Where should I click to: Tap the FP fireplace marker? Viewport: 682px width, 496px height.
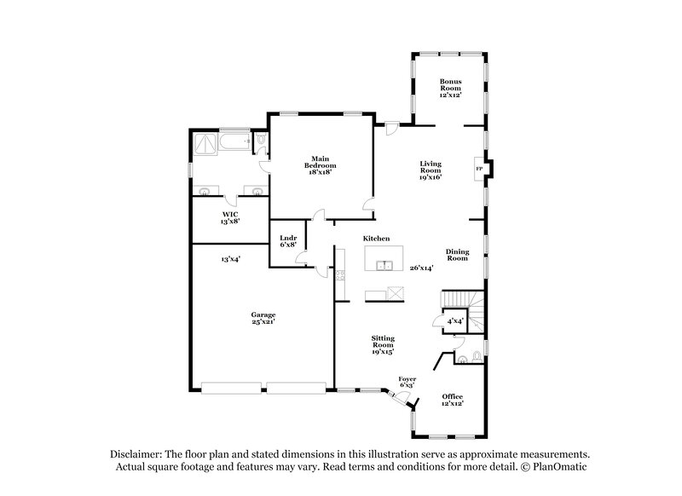point(479,169)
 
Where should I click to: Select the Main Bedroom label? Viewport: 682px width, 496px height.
point(320,164)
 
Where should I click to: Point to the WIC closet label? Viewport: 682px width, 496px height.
point(230,217)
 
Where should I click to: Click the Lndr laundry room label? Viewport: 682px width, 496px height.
point(287,240)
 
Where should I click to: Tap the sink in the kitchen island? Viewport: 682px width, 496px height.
point(384,265)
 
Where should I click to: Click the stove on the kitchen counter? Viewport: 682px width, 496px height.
point(339,274)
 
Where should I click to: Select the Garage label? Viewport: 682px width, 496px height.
point(263,318)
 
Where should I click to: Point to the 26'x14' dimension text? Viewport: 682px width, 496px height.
point(422,268)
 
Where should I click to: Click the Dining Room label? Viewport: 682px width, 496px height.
point(458,254)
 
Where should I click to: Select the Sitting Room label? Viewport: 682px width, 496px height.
point(382,344)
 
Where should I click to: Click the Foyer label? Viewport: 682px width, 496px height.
point(407,381)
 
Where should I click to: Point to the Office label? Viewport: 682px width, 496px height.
point(453,400)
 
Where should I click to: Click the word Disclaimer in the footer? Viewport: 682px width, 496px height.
point(140,454)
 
